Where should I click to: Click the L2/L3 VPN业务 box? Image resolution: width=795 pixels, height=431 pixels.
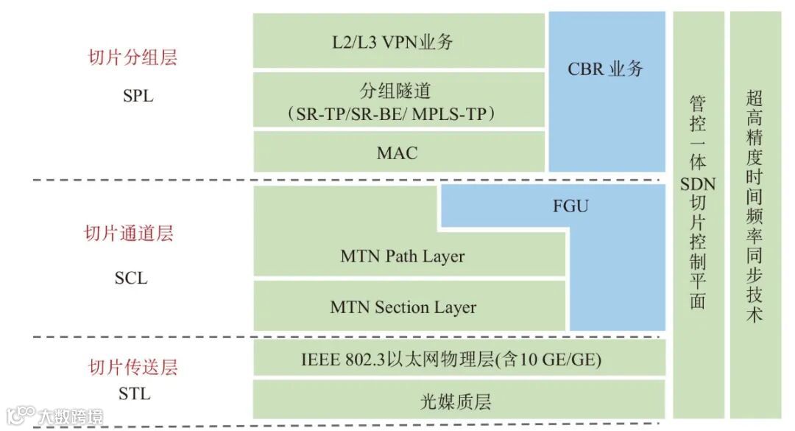[399, 41]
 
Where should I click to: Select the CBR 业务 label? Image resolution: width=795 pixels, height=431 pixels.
[606, 69]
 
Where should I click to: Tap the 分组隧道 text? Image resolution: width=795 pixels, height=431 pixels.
[395, 91]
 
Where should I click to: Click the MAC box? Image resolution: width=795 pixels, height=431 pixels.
[397, 153]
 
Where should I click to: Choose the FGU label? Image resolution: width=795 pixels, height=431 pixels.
[570, 206]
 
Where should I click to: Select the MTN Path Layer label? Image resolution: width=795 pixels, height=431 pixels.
[403, 256]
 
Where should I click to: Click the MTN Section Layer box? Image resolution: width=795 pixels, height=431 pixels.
[403, 307]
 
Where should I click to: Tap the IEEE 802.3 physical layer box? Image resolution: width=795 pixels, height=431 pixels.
[451, 360]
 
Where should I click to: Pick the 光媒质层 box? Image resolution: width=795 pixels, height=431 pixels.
[456, 402]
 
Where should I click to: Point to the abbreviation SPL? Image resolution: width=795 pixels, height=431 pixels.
[138, 95]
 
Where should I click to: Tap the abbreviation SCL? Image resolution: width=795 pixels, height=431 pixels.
[131, 278]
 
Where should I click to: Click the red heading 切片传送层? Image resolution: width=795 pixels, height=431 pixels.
[133, 367]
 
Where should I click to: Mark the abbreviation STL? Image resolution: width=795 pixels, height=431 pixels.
[134, 394]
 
